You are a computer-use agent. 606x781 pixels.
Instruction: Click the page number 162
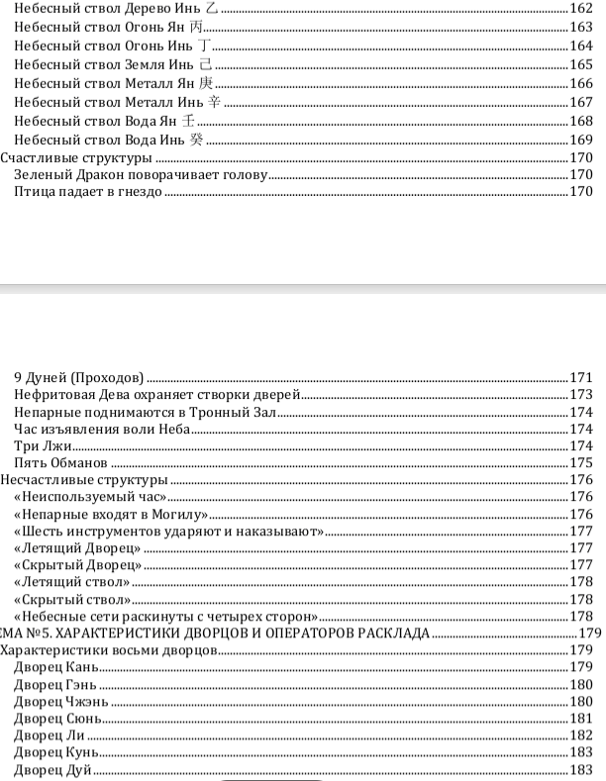pyautogui.click(x=581, y=9)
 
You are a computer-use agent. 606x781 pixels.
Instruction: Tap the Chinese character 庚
pyautogui.click(x=205, y=83)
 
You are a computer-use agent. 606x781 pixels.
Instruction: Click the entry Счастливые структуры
pyautogui.click(x=75, y=157)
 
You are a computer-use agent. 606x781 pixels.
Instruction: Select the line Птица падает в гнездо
pyautogui.click(x=88, y=192)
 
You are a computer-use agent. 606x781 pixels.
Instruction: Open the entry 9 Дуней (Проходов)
pyautogui.click(x=79, y=378)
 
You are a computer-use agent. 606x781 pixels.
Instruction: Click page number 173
pyautogui.click(x=581, y=396)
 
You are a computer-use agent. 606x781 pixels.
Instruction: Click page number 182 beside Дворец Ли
pyautogui.click(x=581, y=736)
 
